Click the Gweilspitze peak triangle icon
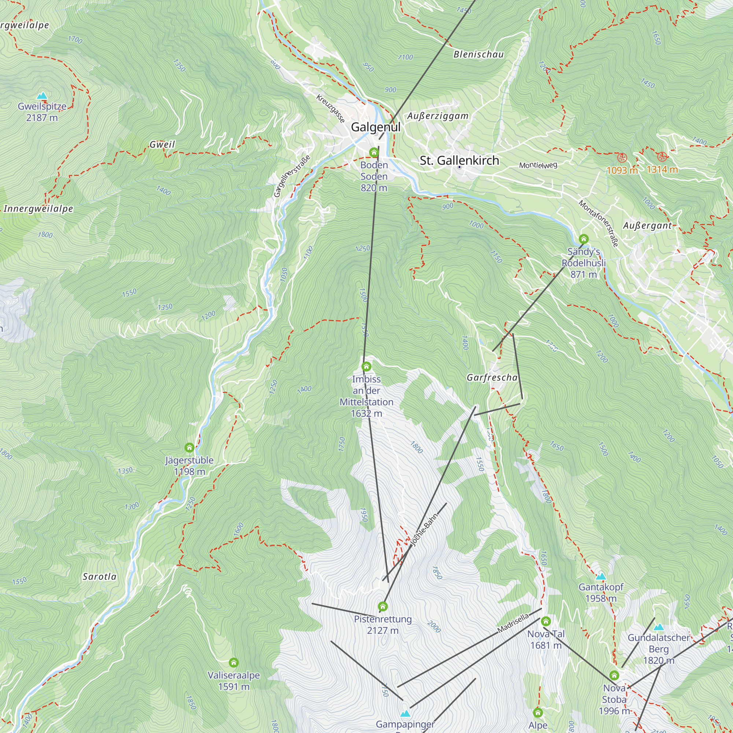42,96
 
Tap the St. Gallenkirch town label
459,161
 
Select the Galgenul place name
375,127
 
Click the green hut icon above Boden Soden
374,152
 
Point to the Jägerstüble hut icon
189,448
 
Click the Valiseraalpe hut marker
234,662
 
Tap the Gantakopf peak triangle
601,577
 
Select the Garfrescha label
492,377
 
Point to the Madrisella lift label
513,623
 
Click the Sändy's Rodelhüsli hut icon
583,239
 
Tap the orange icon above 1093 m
622,158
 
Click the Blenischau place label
478,55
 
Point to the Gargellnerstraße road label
292,176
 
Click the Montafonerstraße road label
598,223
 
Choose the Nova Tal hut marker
546,621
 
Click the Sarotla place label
99,577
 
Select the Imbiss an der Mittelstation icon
366,366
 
